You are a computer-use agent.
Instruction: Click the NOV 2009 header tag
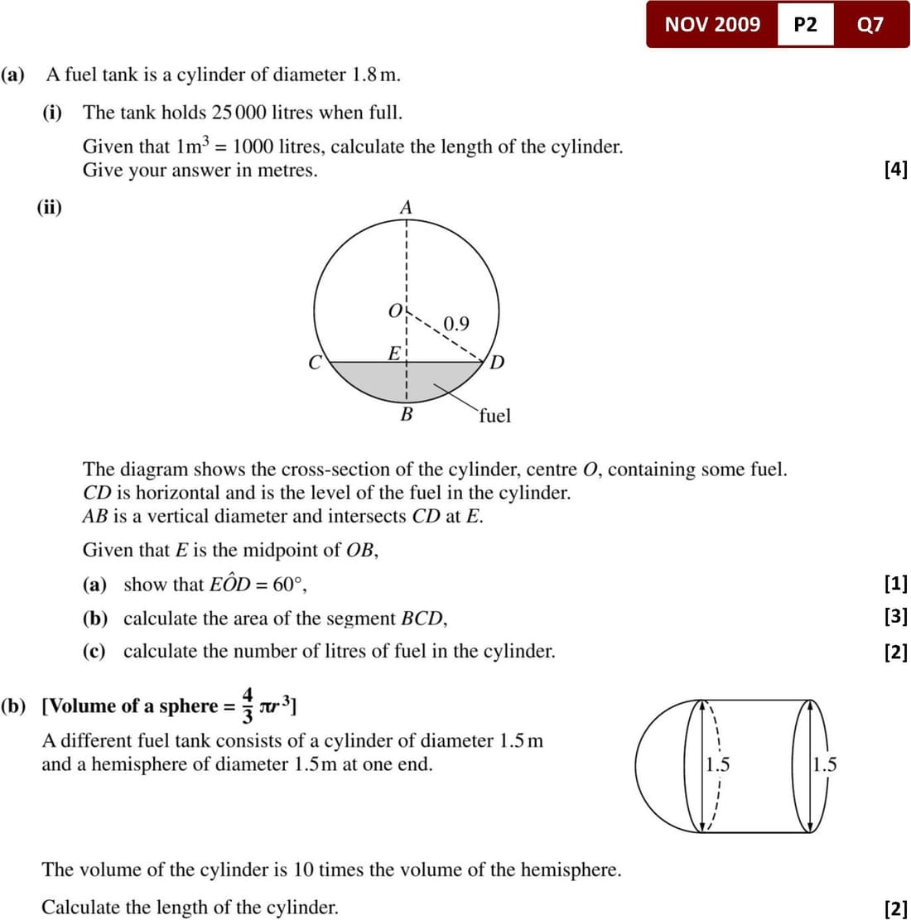click(x=712, y=24)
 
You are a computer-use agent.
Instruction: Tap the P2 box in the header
click(x=805, y=25)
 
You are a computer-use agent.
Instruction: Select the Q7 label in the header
click(x=870, y=25)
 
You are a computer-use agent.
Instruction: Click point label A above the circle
click(x=406, y=207)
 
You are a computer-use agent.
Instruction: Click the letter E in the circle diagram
click(x=395, y=353)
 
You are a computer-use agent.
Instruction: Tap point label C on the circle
click(x=315, y=363)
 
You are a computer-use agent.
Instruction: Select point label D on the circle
click(x=497, y=363)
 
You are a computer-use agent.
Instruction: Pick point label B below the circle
click(x=407, y=414)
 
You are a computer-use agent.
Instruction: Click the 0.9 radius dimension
click(x=455, y=323)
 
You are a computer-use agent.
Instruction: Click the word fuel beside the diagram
click(x=494, y=415)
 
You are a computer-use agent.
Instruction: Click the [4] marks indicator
click(x=896, y=170)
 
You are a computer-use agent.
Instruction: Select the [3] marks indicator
click(x=896, y=616)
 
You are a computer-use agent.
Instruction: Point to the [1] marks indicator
click(x=896, y=584)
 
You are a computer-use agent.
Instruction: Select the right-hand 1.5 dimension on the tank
click(x=825, y=764)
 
